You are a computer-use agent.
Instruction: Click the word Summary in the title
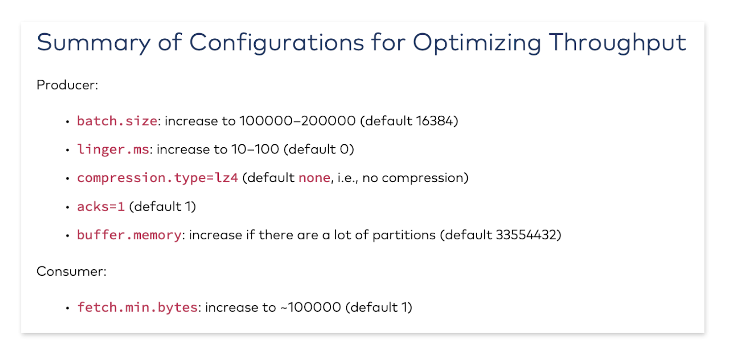pos(94,43)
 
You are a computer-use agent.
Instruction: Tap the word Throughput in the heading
pos(617,43)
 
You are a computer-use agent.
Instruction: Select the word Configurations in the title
pos(277,43)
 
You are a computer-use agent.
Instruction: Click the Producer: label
pos(67,85)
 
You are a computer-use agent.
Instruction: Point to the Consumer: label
pos(72,272)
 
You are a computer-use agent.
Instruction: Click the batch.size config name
pos(117,121)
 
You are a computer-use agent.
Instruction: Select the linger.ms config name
pos(113,149)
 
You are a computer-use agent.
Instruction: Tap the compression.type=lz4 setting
pos(158,178)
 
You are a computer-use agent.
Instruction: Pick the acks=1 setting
pos(101,207)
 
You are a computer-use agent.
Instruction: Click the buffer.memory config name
pos(129,235)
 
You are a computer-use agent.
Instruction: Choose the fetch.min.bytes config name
pos(137,307)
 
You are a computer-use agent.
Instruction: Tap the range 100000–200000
pos(298,121)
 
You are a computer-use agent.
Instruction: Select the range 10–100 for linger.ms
pos(255,149)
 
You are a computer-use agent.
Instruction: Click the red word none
pos(314,178)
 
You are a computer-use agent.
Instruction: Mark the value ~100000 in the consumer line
pos(310,307)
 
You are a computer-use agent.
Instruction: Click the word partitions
pos(404,236)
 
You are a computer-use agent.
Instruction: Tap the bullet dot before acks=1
pos(67,207)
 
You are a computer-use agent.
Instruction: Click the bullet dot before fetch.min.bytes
pos(67,308)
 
